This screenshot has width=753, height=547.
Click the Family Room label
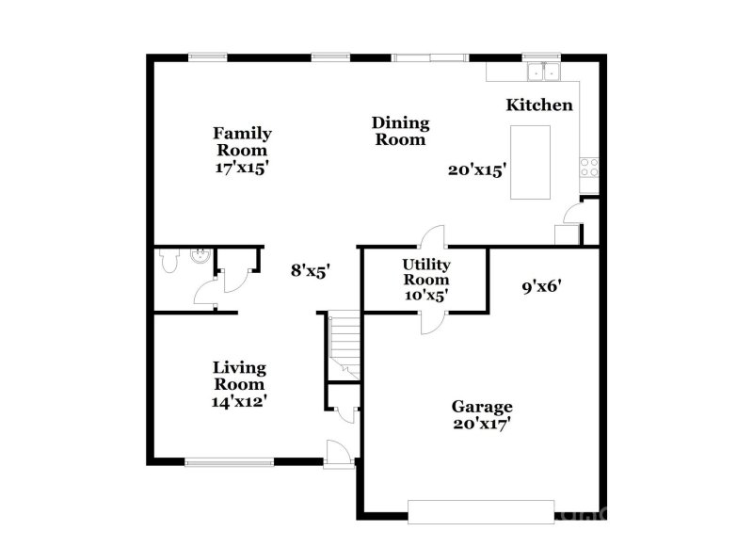(242, 141)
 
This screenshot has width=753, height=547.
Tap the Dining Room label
(400, 131)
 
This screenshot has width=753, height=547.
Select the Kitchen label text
(539, 105)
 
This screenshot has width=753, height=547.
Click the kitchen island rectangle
(530, 162)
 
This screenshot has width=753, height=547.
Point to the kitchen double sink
(543, 71)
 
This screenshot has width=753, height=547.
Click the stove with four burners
(589, 168)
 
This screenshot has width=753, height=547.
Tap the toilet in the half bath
(169, 259)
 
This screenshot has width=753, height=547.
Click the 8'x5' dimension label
(310, 271)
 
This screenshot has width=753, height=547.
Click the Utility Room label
(425, 272)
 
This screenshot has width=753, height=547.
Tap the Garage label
(482, 407)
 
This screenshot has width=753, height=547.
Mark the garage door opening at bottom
(481, 511)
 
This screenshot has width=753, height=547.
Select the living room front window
(229, 461)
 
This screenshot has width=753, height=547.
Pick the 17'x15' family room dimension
(242, 167)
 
